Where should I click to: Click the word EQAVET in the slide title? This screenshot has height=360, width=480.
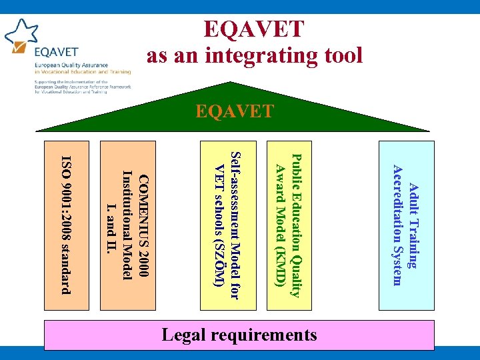tap(253, 29)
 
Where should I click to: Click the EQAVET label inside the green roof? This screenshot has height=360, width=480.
tap(235, 111)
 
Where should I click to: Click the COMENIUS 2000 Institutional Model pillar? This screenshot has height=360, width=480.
tap(127, 225)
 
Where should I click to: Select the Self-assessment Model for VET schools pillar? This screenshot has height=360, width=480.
tap(227, 225)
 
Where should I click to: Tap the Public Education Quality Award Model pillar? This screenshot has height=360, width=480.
tap(289, 225)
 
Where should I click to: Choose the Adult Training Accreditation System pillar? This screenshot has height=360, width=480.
tap(406, 225)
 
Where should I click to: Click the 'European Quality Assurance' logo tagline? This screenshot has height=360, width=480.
tap(70, 65)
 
